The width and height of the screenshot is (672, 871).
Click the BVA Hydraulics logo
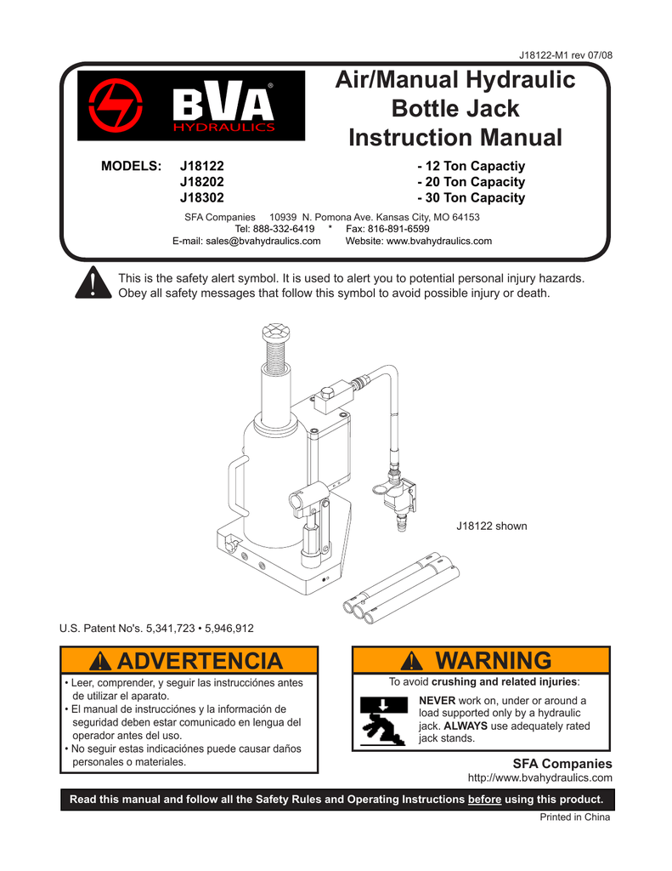click(191, 105)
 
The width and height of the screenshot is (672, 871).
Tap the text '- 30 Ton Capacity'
click(472, 198)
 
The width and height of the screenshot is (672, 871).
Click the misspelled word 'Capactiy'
click(498, 166)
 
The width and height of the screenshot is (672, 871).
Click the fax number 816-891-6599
click(393, 229)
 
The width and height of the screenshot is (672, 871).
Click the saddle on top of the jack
click(276, 333)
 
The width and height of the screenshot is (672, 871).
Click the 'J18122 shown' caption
click(492, 527)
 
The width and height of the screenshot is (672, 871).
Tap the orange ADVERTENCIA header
click(189, 661)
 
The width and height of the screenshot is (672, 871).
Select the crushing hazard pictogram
click(385, 720)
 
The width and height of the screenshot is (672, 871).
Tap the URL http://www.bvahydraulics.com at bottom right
click(540, 778)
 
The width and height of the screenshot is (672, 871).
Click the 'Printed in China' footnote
click(575, 818)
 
